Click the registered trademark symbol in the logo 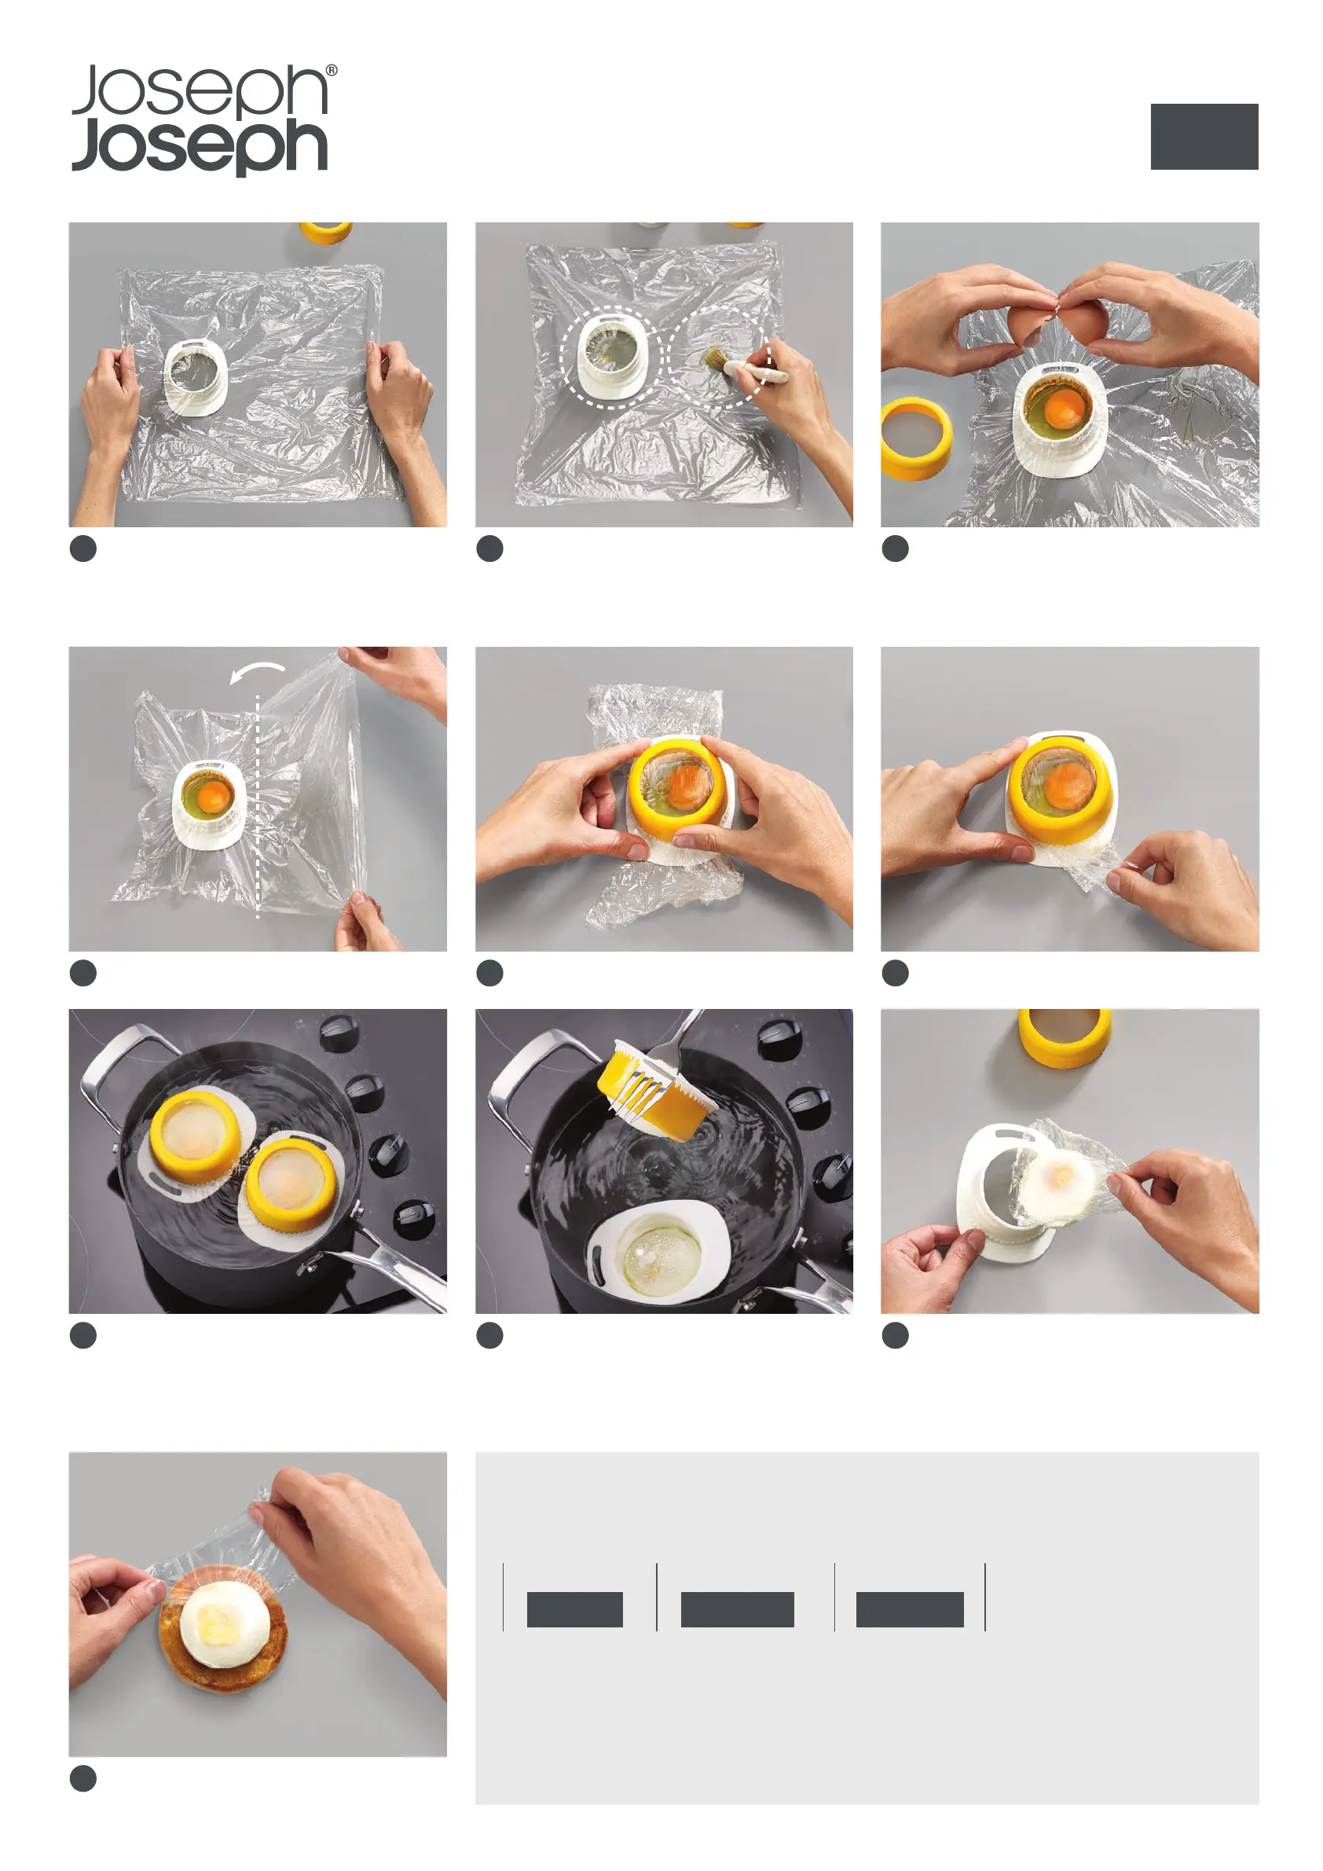pos(332,71)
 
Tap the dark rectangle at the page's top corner pos(1204,136)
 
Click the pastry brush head pos(716,357)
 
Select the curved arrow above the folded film pos(258,673)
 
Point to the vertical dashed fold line pos(258,807)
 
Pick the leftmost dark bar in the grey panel pos(575,1609)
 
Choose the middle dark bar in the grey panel pos(737,1609)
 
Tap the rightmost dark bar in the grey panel pos(910,1609)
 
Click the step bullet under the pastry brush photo pos(489,548)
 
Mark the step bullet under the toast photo pos(83,1778)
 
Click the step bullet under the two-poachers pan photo pos(83,1335)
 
